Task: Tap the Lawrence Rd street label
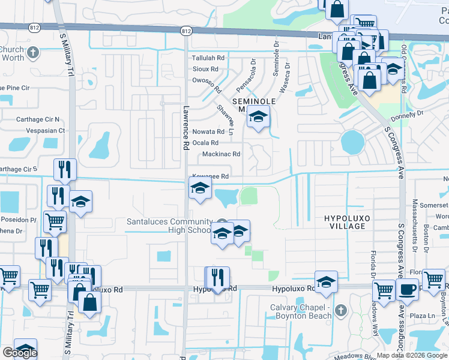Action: [x=185, y=128]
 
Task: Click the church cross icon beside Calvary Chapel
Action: [x=341, y=310]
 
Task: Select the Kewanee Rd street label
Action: [x=209, y=176]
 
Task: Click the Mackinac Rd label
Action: [x=221, y=154]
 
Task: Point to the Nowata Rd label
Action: [x=208, y=132]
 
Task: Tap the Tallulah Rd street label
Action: [x=208, y=58]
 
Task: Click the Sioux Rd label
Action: [x=205, y=70]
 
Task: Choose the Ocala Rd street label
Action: [x=205, y=143]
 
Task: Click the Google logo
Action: [x=20, y=353]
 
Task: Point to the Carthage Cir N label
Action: [x=38, y=119]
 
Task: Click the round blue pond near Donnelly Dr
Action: [x=352, y=142]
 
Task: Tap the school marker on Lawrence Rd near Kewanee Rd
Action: [x=200, y=190]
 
